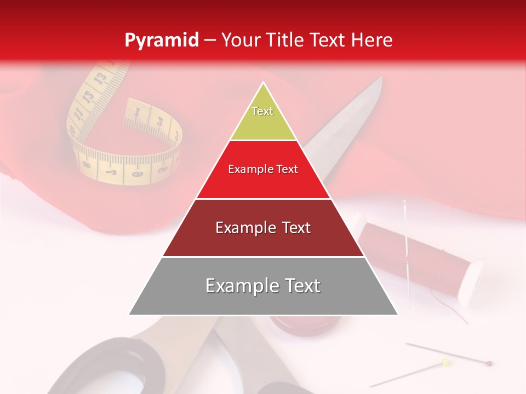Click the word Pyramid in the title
161,40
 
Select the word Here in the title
372,40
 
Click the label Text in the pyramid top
262,111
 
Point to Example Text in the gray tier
263,286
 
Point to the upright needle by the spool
407,246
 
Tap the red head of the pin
489,363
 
